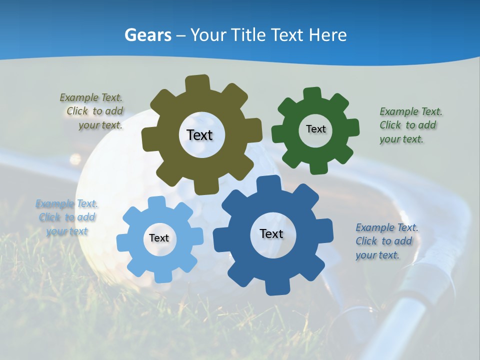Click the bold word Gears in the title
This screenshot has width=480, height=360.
click(147, 35)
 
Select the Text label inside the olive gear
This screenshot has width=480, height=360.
click(199, 135)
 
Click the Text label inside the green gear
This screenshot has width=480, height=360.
click(315, 129)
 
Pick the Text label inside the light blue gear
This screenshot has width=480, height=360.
click(159, 238)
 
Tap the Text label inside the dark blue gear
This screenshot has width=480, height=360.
click(271, 233)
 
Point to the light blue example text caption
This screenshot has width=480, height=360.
click(67, 217)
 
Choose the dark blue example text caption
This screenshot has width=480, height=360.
click(386, 241)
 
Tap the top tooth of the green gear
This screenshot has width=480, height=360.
click(312, 93)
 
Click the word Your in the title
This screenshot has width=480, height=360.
click(209, 35)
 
